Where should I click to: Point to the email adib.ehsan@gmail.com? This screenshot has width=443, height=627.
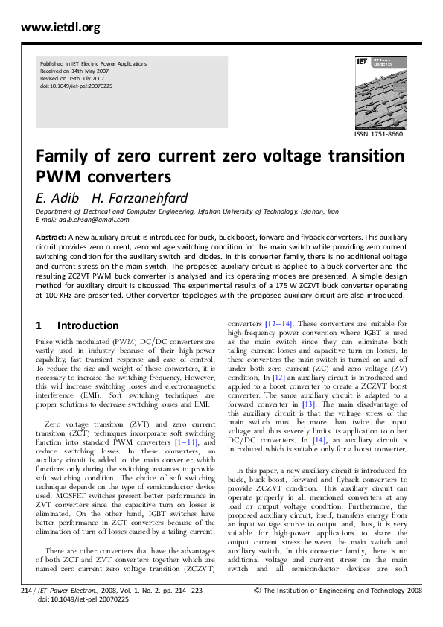click(93, 220)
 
